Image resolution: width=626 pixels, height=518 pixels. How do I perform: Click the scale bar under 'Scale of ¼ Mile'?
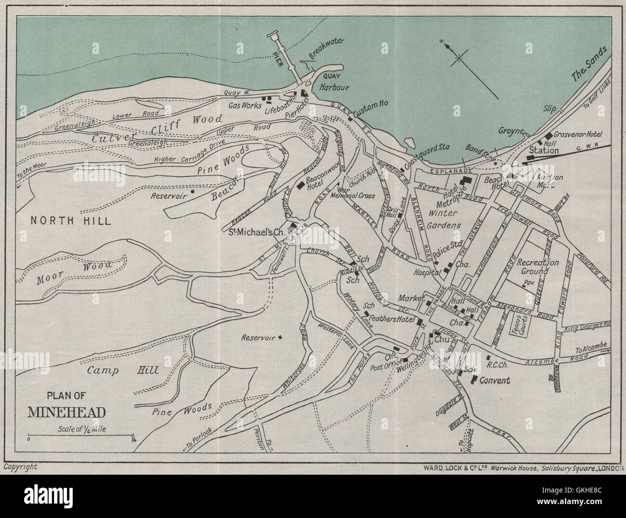pyautogui.click(x=81, y=435)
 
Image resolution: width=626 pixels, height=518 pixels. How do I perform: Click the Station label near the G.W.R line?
pyautogui.click(x=544, y=151)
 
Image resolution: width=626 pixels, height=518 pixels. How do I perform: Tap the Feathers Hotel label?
pyautogui.click(x=391, y=319)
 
